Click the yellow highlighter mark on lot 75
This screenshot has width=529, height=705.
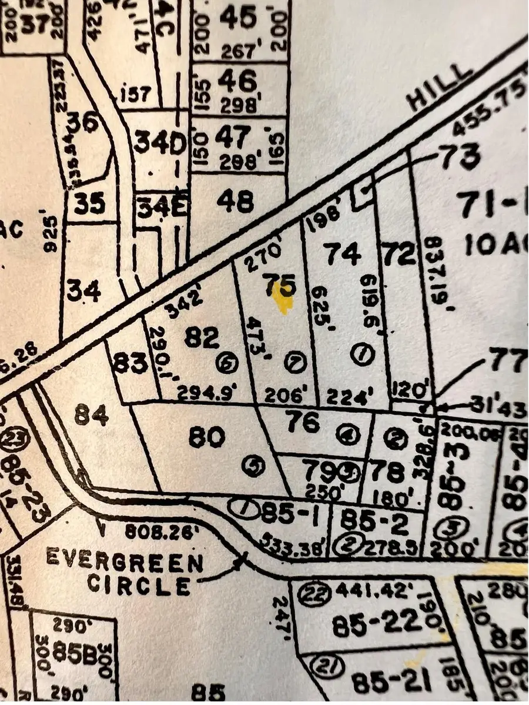[284, 304]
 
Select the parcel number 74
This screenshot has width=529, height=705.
[343, 255]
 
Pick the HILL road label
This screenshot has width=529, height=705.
[441, 88]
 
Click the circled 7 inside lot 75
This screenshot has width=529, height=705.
[295, 363]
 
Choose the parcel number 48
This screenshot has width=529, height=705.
[235, 202]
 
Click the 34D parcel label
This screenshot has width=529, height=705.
[160, 143]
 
